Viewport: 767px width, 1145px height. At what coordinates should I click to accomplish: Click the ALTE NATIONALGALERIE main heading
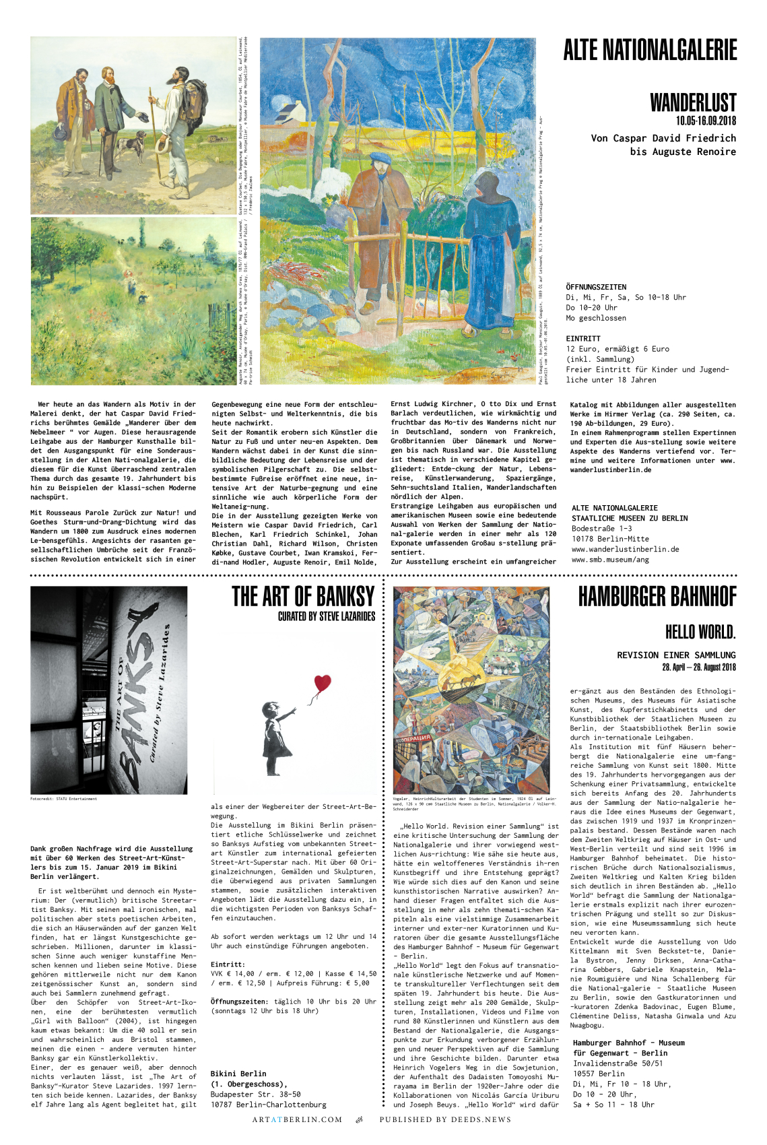pyautogui.click(x=650, y=51)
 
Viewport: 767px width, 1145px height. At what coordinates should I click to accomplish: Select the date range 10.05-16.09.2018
pyautogui.click(x=706, y=121)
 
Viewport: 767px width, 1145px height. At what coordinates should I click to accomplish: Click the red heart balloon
pyautogui.click(x=323, y=684)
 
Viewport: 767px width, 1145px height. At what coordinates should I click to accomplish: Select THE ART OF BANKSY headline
pyautogui.click(x=303, y=597)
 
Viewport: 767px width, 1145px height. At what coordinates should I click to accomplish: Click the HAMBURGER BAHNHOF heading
pyautogui.click(x=657, y=597)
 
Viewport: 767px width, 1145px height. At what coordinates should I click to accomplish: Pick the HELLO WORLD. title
pyautogui.click(x=700, y=632)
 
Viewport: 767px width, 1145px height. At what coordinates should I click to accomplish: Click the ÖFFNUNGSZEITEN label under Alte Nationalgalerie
pyautogui.click(x=596, y=287)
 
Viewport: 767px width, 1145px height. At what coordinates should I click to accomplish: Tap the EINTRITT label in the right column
pyautogui.click(x=583, y=339)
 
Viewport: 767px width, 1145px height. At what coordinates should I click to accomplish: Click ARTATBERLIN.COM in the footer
pyautogui.click(x=297, y=1119)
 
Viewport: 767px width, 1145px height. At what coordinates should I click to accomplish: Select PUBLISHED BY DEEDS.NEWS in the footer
pyautogui.click(x=445, y=1119)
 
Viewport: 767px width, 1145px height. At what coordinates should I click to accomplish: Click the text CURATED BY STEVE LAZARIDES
pyautogui.click(x=327, y=616)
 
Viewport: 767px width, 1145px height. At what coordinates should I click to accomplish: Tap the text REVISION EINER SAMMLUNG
pyautogui.click(x=676, y=655)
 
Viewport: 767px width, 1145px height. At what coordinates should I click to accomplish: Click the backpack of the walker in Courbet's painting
pyautogui.click(x=195, y=101)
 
